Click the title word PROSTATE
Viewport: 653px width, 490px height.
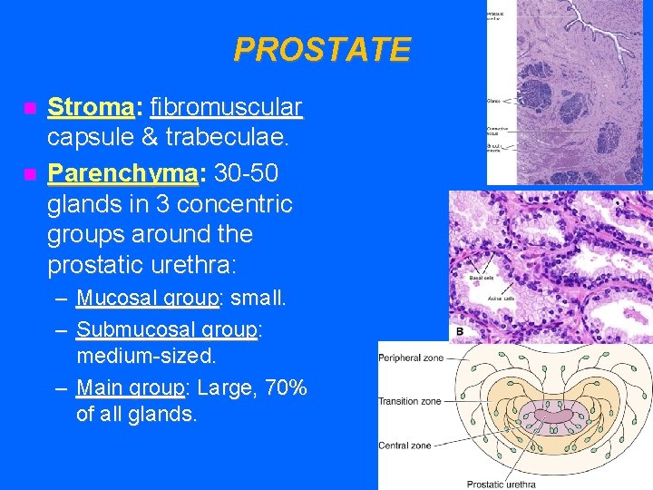[x=322, y=49]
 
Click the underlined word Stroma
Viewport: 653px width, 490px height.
[x=90, y=107]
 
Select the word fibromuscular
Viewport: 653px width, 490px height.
[x=226, y=107]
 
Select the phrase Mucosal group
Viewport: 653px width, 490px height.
[x=148, y=298]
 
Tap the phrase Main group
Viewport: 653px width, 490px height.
[x=131, y=388]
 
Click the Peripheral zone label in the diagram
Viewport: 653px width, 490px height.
[x=411, y=358]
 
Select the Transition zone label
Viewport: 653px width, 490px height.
[x=410, y=401]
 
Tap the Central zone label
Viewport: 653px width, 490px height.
[x=404, y=446]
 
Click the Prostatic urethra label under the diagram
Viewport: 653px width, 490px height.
[x=502, y=484]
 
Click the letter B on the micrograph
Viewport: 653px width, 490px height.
[x=460, y=333]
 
